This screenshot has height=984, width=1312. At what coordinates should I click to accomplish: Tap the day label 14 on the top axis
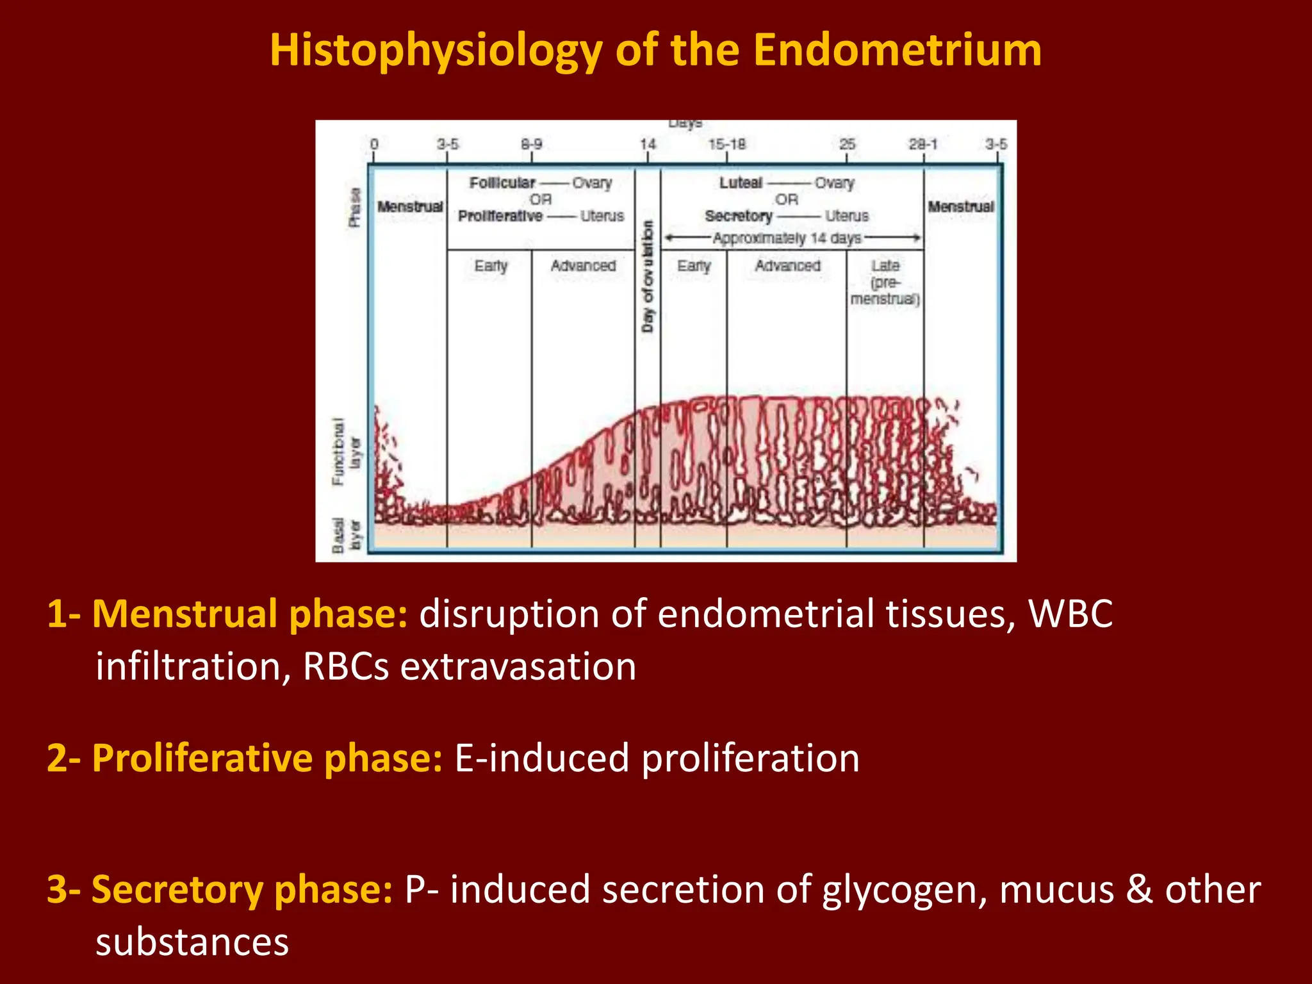point(648,144)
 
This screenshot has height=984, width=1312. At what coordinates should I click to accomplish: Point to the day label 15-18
point(726,144)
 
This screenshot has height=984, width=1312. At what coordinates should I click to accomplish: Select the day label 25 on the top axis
point(847,144)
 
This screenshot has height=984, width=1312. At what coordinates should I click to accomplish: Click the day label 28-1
point(922,144)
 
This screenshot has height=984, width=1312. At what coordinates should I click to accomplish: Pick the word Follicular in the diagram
point(502,183)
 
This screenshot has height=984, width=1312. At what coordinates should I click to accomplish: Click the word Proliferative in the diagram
point(500,217)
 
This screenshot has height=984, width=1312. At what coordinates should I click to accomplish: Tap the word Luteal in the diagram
point(741,183)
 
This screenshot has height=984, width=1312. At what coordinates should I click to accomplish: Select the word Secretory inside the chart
point(738,217)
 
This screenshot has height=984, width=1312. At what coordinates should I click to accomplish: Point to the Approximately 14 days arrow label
point(787,238)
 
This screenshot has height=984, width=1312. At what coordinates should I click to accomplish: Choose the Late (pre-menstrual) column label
point(885,282)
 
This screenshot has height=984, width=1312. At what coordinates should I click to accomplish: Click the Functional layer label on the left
point(346,451)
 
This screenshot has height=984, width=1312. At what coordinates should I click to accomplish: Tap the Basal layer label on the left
point(346,536)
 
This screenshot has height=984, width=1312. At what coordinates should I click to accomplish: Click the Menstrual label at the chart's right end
point(960,207)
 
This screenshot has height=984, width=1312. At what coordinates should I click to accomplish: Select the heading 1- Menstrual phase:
point(227,614)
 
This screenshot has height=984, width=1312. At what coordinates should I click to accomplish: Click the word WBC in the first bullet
point(1070,614)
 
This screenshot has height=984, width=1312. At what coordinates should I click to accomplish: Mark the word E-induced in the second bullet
point(542,758)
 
